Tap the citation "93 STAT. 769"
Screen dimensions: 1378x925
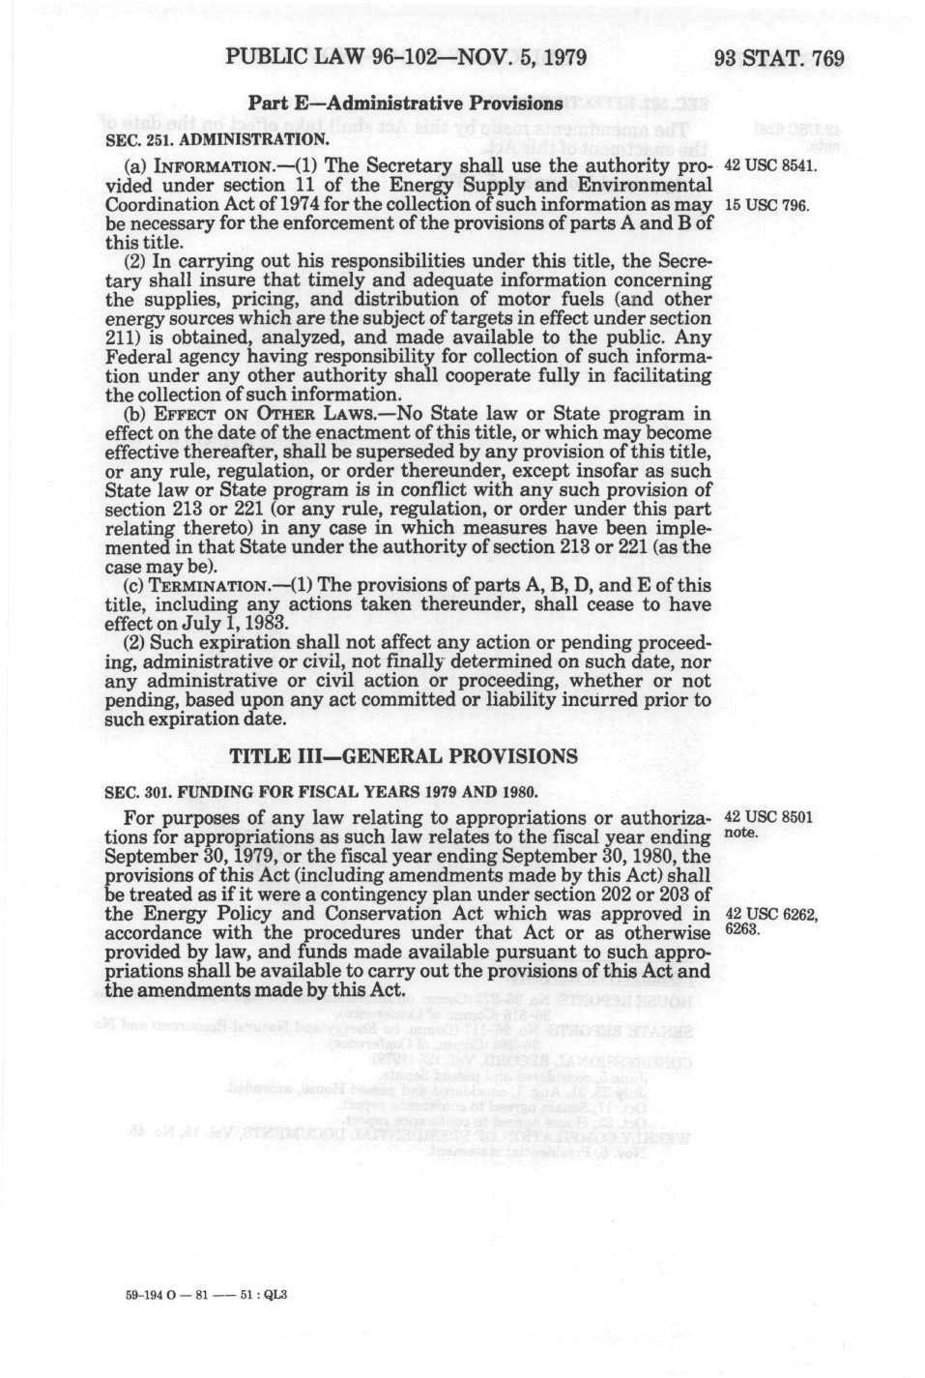click(x=778, y=58)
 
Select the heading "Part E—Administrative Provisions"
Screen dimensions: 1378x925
click(x=406, y=103)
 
